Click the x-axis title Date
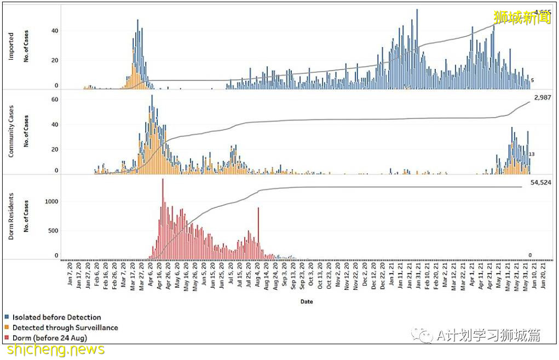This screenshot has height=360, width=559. (x=307, y=301)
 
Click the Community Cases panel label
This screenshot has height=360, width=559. (x=11, y=132)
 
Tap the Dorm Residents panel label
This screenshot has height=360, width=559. (x=11, y=216)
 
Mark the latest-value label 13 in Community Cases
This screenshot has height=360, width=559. (x=531, y=154)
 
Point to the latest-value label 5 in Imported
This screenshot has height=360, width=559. (x=532, y=80)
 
